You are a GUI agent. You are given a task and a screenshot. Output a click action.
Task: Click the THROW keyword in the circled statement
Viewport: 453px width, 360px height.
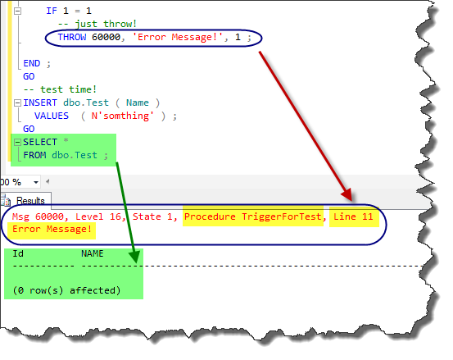click(72, 37)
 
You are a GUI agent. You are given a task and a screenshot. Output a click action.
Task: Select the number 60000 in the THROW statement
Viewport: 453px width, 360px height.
click(106, 37)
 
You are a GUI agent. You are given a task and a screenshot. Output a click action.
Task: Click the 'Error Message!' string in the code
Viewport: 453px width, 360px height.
click(178, 37)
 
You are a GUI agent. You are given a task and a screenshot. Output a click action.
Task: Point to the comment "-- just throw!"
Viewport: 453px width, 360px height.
click(97, 24)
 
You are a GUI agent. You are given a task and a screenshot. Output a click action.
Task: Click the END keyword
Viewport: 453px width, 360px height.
click(31, 63)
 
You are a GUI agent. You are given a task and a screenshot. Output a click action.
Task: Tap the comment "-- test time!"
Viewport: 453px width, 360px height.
click(60, 89)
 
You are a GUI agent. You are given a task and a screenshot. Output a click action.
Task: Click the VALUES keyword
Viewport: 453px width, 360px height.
click(52, 116)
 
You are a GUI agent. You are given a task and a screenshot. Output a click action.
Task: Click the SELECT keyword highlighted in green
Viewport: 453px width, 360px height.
click(40, 142)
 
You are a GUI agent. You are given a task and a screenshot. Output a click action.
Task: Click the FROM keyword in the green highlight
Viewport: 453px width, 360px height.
click(34, 155)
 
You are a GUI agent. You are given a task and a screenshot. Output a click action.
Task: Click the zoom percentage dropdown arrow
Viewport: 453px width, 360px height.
click(36, 182)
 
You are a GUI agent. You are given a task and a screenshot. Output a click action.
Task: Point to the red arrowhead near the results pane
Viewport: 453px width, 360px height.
click(347, 194)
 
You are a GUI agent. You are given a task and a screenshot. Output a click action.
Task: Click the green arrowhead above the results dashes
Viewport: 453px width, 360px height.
click(134, 257)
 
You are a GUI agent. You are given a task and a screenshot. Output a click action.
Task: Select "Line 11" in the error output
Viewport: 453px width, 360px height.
click(353, 216)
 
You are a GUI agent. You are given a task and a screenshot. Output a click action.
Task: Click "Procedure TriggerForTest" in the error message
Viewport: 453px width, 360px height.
click(253, 216)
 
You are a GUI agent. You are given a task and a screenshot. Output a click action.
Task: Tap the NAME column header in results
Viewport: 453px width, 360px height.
click(93, 253)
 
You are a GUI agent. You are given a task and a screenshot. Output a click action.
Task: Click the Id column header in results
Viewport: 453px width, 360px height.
click(18, 253)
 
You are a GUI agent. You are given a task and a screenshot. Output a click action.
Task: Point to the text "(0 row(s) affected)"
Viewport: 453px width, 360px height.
click(66, 290)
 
